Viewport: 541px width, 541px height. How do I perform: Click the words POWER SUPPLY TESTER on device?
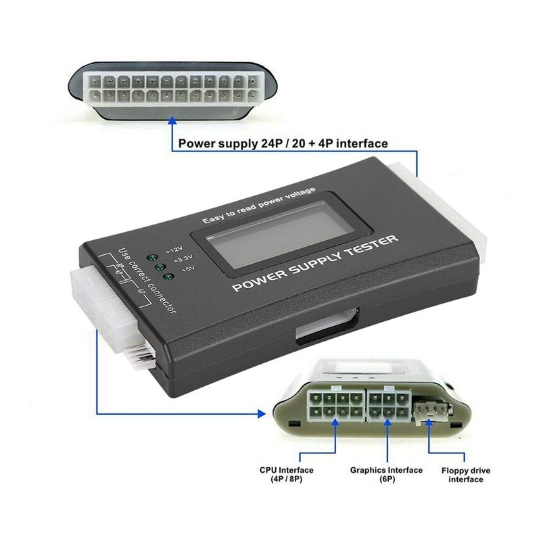click(315, 264)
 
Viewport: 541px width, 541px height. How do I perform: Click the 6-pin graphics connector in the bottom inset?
click(388, 404)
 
